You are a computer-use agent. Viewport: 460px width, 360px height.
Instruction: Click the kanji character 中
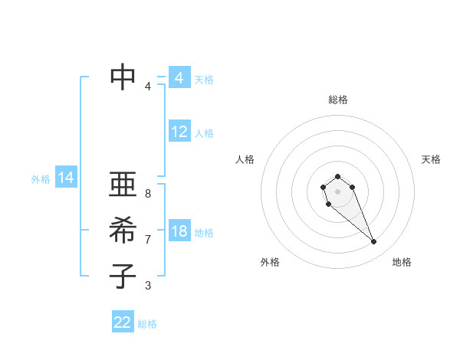(123, 77)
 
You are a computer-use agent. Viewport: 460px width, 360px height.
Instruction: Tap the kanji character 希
(123, 230)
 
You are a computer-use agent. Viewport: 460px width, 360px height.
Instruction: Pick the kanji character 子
(123, 276)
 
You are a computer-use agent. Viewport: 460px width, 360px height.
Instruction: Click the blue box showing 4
(179, 78)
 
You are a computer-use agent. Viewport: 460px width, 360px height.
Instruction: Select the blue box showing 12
(179, 132)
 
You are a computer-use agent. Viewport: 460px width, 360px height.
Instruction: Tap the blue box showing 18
(179, 231)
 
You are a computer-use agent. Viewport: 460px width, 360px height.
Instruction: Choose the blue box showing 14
(66, 178)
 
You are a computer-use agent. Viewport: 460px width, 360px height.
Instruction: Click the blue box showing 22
(123, 322)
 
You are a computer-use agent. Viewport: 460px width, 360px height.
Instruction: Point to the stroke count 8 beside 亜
(148, 194)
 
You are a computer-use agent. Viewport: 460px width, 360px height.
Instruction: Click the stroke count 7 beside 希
(148, 240)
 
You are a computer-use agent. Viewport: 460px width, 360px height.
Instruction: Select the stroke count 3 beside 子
(148, 286)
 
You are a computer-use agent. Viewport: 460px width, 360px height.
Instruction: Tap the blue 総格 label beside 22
(148, 324)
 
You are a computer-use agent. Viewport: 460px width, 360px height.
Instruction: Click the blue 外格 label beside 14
(41, 179)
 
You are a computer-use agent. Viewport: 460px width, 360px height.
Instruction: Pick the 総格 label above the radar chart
(338, 100)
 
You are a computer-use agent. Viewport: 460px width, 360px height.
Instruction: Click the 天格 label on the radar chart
(431, 159)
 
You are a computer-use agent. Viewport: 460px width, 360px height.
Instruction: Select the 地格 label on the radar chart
(402, 262)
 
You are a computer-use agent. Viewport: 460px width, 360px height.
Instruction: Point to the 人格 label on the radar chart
(245, 159)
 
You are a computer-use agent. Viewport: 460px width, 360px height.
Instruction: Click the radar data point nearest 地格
(374, 242)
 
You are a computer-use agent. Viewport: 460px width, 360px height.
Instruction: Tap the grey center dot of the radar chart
(337, 191)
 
